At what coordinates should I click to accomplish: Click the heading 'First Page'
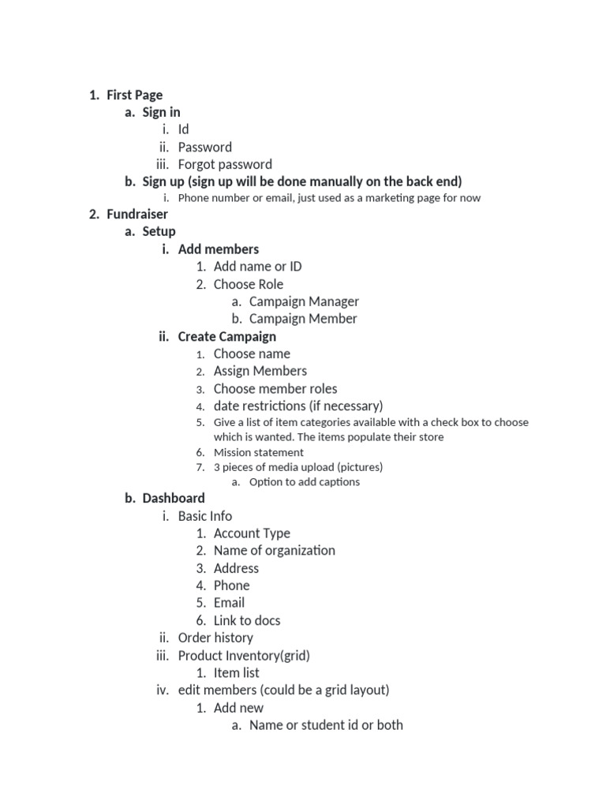coord(134,95)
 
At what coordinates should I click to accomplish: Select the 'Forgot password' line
coord(225,165)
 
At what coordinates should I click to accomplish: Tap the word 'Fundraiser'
coord(137,214)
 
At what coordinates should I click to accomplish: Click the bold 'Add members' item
coord(218,249)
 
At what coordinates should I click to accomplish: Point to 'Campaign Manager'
coord(304,301)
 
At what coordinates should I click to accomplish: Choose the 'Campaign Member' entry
coord(303,319)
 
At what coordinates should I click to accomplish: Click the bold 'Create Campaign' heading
coord(226,337)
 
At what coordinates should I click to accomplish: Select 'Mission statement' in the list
coord(258,453)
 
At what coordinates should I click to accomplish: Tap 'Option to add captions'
coord(304,482)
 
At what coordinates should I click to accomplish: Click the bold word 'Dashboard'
coord(174,499)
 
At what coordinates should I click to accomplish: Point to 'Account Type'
coord(252,533)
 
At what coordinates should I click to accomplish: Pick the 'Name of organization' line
coord(274,551)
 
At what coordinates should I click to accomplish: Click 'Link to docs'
coord(247,621)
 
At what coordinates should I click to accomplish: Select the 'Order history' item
coord(215,638)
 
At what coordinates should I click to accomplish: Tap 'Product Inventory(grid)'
coord(244,656)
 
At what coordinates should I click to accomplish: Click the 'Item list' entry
coord(236,673)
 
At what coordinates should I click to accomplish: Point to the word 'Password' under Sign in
coord(205,148)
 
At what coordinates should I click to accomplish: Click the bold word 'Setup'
coord(159,232)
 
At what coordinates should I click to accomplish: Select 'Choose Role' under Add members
coord(248,284)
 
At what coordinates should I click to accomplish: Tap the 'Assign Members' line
coord(260,371)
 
